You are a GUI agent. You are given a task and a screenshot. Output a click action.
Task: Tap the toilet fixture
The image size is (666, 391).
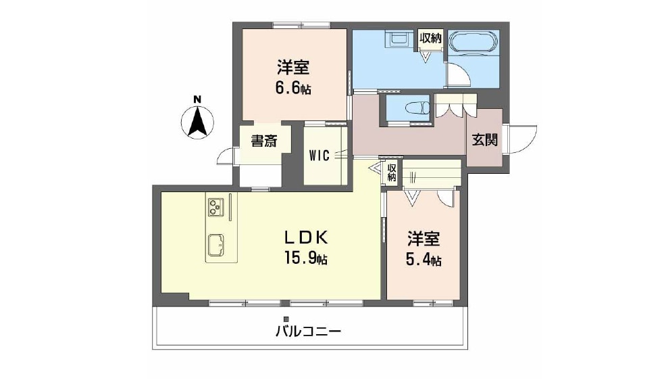pyautogui.click(x=418, y=108)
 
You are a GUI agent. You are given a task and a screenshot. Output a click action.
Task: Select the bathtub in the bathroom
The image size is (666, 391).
pyautogui.click(x=473, y=43)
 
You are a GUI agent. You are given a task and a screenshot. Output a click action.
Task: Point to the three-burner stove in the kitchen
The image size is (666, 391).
pyautogui.click(x=215, y=208)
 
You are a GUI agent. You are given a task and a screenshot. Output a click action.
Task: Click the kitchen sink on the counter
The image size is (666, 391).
pyautogui.click(x=215, y=246)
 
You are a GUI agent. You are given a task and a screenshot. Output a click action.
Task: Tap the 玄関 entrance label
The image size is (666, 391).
pyautogui.click(x=484, y=139)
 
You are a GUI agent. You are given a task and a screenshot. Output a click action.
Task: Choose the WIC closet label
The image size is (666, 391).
pyautogui.click(x=319, y=156)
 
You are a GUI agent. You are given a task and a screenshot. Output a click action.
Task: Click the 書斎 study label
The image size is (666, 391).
pyautogui.click(x=264, y=141)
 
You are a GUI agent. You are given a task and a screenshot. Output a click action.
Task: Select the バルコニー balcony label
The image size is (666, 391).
pyautogui.click(x=308, y=331)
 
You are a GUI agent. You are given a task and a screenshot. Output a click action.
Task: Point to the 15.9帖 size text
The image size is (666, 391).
pyautogui.click(x=305, y=258)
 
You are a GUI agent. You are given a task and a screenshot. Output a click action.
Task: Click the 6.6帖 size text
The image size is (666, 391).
pyautogui.click(x=293, y=88)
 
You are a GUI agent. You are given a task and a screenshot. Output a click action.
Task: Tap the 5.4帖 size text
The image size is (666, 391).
pyautogui.click(x=424, y=260)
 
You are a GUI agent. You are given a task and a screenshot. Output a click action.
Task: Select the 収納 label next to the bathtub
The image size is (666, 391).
pyautogui.click(x=430, y=39)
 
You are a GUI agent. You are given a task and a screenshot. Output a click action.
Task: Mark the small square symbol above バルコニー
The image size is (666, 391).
pyautogui.click(x=286, y=318)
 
